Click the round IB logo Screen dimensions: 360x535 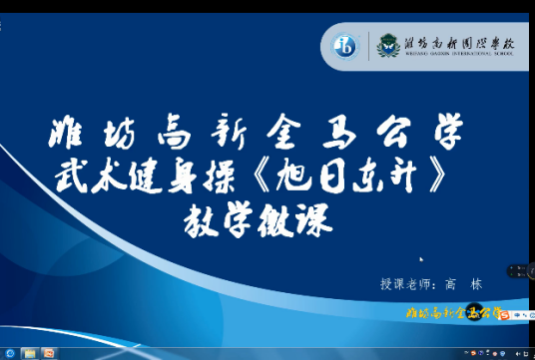[346, 45]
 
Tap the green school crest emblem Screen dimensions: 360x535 [385, 45]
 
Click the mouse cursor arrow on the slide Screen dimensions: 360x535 [421, 262]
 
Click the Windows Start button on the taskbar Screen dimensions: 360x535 [9, 353]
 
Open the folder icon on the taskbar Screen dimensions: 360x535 [29, 353]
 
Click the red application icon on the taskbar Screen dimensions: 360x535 [49, 353]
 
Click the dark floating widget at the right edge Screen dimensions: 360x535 [522, 270]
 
